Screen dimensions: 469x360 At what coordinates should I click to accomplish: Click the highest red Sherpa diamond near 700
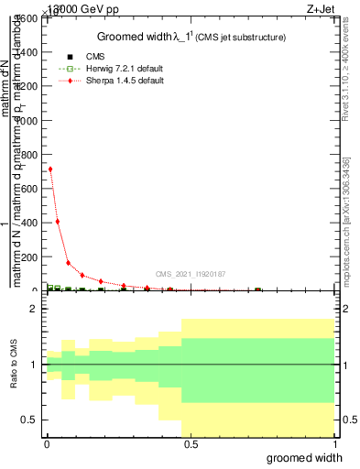pyautogui.click(x=50, y=169)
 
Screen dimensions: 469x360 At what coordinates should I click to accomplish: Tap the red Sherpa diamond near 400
pyautogui.click(x=58, y=221)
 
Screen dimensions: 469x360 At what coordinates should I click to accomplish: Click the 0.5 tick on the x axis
pyautogui.click(x=190, y=444)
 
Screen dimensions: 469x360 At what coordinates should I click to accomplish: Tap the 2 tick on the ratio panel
pyautogui.click(x=33, y=310)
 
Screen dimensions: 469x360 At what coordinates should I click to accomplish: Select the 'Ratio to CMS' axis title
pyautogui.click(x=13, y=365)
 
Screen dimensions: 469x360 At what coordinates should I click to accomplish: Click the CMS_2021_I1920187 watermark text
pyautogui.click(x=190, y=274)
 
